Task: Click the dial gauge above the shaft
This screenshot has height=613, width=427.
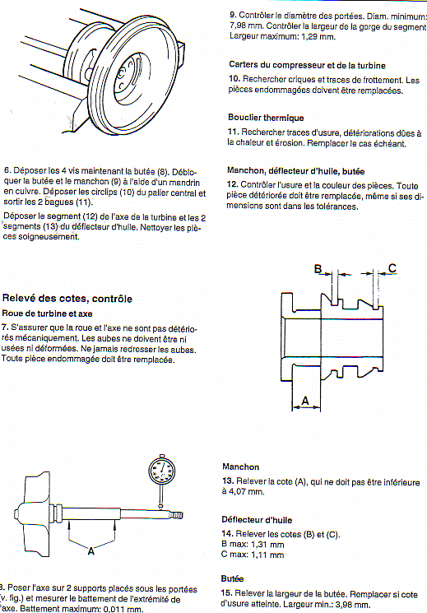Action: [x=161, y=473]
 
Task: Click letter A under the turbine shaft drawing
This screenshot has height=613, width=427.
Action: [x=91, y=550]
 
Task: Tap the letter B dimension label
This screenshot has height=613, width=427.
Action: [x=318, y=269]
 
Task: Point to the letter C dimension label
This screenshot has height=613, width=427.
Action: [x=392, y=267]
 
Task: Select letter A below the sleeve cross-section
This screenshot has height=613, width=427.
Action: [x=305, y=401]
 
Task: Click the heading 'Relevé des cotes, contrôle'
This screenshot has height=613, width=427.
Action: [x=67, y=299]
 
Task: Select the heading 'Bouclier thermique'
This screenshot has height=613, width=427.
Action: [x=266, y=118]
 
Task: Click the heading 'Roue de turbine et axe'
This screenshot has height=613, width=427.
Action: [x=48, y=313]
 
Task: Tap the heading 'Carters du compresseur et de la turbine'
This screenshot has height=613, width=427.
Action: [x=308, y=65]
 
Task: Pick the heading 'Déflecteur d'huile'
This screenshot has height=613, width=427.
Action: [x=257, y=520]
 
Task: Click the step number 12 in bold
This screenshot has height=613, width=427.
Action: [x=232, y=184]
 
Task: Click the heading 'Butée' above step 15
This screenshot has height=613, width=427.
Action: [x=232, y=578]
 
